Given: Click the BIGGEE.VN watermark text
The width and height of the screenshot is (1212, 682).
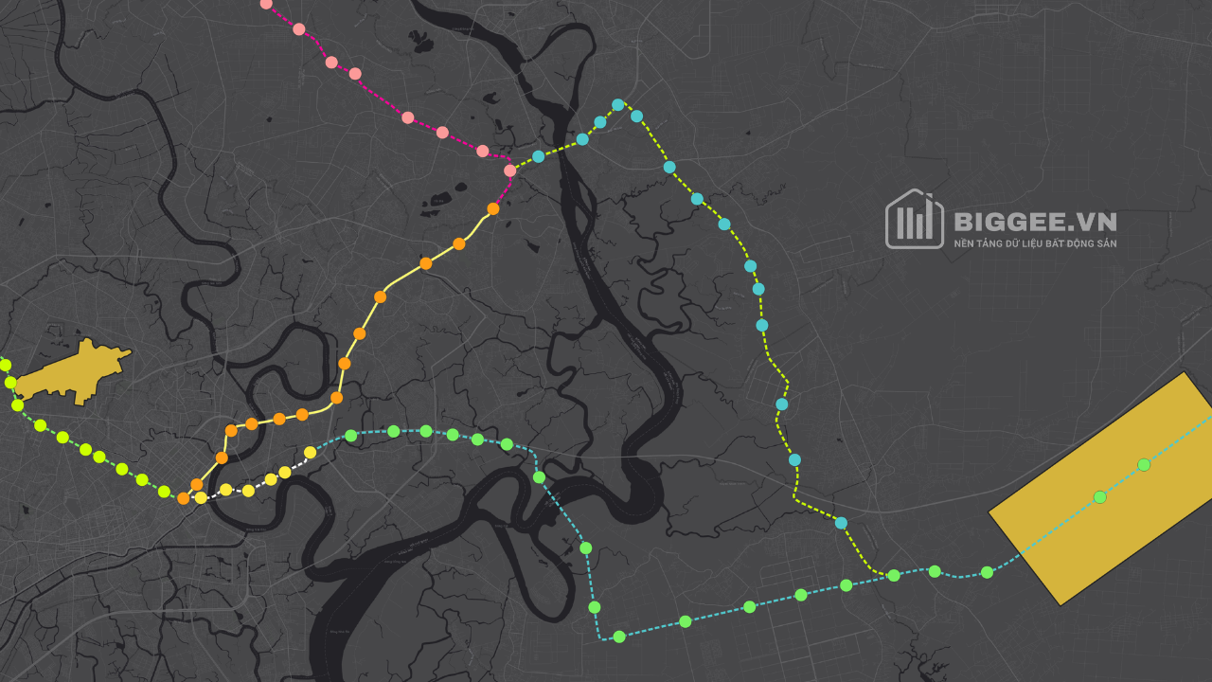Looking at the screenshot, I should click(1035, 222).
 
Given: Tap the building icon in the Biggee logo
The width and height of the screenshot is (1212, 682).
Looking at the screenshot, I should click(914, 220).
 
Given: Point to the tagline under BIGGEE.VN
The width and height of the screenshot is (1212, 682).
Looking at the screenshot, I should click(1035, 243).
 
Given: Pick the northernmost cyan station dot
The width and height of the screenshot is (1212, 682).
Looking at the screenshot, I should click(617, 105).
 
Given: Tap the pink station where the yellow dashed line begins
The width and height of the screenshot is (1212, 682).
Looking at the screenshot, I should click(510, 170).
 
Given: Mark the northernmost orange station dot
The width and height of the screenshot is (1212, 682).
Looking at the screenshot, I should click(493, 208).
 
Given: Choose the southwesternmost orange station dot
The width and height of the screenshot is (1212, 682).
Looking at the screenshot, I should click(184, 498).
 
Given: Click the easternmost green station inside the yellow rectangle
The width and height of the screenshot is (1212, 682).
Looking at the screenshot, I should click(1144, 464).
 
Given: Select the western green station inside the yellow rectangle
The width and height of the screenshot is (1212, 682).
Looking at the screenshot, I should click(1099, 496).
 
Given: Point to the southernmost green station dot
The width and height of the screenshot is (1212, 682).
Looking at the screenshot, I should click(619, 637).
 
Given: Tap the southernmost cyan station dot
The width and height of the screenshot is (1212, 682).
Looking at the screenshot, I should click(841, 523).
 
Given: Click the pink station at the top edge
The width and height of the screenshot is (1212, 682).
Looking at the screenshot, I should click(266, 4).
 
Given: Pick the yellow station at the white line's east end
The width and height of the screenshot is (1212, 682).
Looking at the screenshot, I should click(311, 452).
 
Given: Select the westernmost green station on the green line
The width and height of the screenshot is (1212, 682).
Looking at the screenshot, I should click(351, 436).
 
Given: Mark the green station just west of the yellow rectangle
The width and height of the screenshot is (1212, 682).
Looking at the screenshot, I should click(987, 572).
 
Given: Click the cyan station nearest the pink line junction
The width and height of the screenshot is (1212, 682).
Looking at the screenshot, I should click(538, 156).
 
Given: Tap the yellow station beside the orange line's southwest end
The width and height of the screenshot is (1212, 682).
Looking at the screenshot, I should click(201, 497).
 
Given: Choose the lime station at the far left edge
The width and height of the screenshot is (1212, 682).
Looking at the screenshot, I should click(5, 365).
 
